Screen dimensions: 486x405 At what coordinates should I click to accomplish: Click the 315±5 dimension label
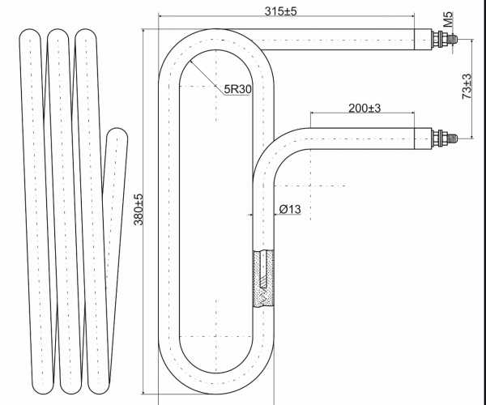point(280,11)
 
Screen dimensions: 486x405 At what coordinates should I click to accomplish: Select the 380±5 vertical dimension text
point(139,210)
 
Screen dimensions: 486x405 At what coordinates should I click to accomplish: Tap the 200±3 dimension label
point(364,109)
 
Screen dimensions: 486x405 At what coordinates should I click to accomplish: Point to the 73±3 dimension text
point(467,87)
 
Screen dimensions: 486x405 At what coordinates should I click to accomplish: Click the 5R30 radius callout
point(237,89)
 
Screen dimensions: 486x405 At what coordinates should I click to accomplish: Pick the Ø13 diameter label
point(290,210)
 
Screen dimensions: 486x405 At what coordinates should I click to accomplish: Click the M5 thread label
point(448,19)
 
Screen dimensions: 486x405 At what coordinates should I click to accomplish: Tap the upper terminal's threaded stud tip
point(455,40)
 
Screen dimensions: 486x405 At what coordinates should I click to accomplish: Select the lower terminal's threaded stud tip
point(455,139)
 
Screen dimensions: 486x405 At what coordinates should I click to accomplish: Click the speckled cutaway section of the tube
point(263,279)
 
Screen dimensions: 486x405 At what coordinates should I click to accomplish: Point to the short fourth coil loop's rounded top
point(117,133)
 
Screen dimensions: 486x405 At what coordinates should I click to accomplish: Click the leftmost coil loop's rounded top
point(30,34)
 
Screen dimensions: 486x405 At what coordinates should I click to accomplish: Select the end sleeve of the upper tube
point(423,40)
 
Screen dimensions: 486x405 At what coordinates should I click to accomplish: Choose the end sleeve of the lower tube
point(423,139)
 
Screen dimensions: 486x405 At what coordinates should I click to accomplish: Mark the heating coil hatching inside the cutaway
point(262,271)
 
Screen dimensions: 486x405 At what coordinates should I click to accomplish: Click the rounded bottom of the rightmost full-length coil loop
point(99,388)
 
